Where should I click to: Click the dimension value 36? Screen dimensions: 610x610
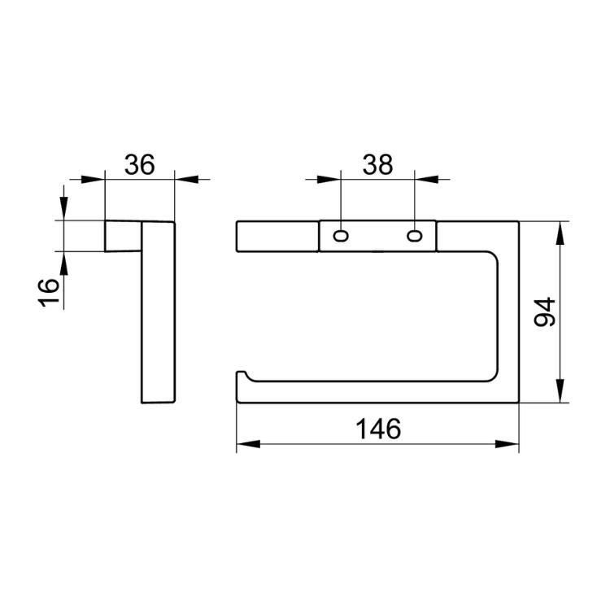pyautogui.click(x=139, y=164)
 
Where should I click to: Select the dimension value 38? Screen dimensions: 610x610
pyautogui.click(x=377, y=164)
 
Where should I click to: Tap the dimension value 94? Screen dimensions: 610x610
pyautogui.click(x=545, y=312)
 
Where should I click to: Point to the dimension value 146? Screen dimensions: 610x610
pyautogui.click(x=378, y=429)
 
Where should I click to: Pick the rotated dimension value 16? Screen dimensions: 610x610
pyautogui.click(x=49, y=292)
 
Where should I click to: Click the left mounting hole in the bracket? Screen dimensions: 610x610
pyautogui.click(x=341, y=236)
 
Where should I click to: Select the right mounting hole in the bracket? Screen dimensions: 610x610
pyautogui.click(x=415, y=236)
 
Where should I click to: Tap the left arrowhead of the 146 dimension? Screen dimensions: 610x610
pyautogui.click(x=248, y=444)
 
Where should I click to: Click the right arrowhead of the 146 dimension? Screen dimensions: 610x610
pyautogui.click(x=507, y=444)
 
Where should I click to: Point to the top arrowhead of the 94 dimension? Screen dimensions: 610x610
pyautogui.click(x=560, y=233)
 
